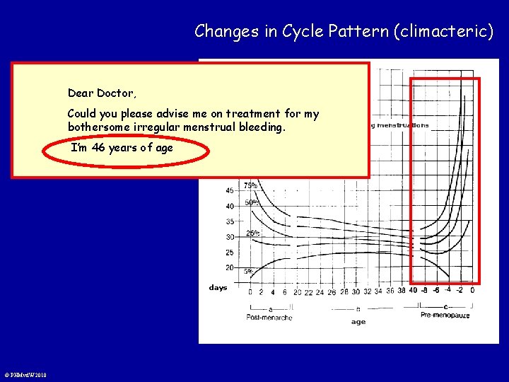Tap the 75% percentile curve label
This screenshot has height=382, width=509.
251,186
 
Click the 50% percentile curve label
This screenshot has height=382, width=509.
251,202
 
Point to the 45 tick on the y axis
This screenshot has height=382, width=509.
230,191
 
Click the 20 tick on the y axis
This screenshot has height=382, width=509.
230,268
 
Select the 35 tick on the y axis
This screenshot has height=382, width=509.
230,221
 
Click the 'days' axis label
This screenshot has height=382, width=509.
218,288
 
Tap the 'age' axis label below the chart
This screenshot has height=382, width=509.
358,322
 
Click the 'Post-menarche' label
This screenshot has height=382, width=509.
270,318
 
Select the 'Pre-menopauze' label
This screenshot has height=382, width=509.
445,314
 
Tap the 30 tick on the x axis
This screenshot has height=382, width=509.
356,291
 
